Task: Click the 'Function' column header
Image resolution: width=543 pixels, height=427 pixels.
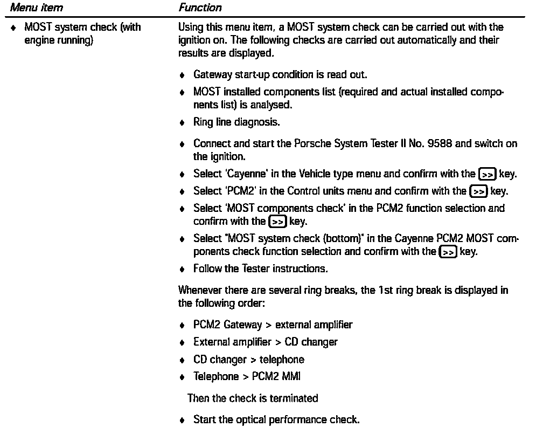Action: [x=199, y=8]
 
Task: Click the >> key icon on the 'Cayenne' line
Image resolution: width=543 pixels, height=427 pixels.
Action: [x=487, y=174]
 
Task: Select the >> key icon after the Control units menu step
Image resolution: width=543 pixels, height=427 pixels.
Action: [x=478, y=191]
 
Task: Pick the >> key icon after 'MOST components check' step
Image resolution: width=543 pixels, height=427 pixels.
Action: [x=277, y=222]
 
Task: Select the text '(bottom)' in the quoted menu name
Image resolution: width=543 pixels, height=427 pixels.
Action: [x=301, y=239]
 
